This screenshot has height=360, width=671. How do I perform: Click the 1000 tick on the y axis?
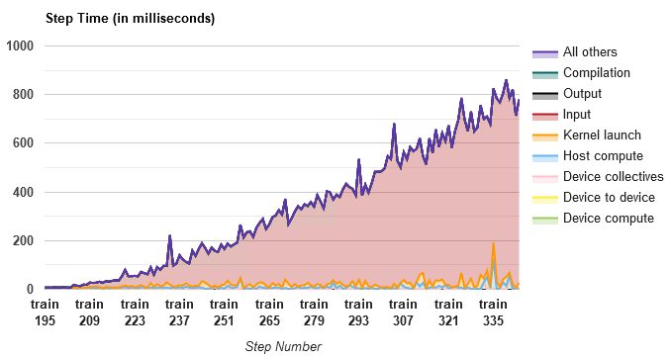21,45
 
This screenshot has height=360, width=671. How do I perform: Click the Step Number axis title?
282,346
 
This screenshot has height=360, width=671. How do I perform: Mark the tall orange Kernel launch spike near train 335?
493,244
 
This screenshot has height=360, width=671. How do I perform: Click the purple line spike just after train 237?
170,236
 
